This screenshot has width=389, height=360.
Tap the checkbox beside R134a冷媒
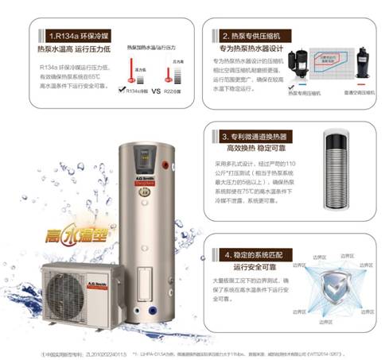122,91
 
